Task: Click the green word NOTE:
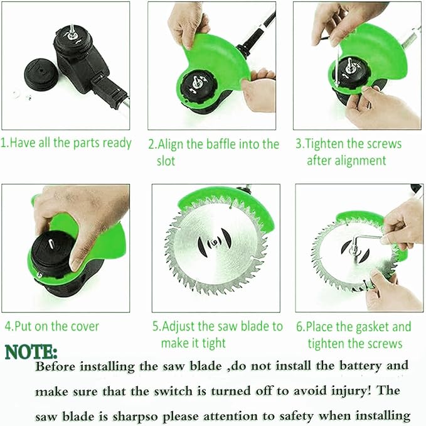tap(31, 352)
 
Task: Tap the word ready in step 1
tap(117, 143)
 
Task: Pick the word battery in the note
tap(361, 366)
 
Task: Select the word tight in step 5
tap(214, 343)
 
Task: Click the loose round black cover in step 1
tap(41, 74)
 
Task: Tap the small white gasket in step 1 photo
tap(16, 94)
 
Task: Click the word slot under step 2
tap(166, 160)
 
